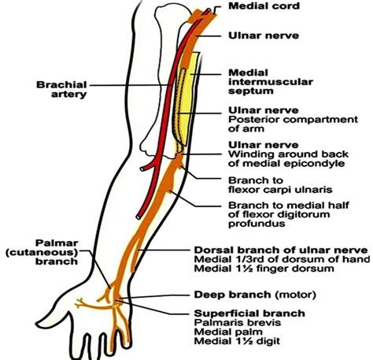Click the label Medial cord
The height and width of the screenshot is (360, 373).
pos(264,6)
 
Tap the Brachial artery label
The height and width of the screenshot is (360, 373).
pos(61,89)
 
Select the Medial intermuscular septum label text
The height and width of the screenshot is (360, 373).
pos(271,82)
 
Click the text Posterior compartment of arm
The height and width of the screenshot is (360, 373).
pos(293,124)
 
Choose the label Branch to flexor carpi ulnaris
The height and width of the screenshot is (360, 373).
pos(280,185)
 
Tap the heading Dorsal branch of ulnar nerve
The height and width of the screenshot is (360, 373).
pos(281,250)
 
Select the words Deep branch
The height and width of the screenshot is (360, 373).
pos(232,295)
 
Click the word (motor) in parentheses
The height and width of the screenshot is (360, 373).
pos(295,295)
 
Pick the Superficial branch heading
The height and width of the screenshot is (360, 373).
pos(249,313)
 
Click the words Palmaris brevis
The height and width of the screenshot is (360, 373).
pos(238,322)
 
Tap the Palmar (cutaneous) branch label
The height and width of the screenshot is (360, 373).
pos(42,252)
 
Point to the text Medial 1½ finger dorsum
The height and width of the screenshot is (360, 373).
pos(264,269)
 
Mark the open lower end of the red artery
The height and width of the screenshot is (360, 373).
pos(138,217)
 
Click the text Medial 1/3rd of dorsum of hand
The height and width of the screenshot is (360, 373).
pos(282,259)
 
